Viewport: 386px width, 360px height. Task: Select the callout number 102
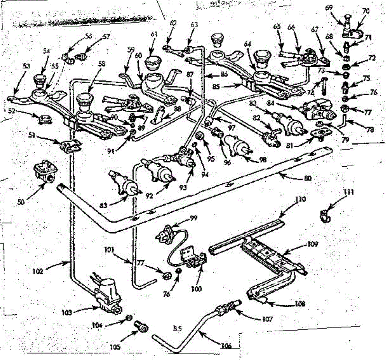click(38, 271)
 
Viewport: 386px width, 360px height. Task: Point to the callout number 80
click(308, 178)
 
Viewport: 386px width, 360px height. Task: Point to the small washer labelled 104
click(127, 318)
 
